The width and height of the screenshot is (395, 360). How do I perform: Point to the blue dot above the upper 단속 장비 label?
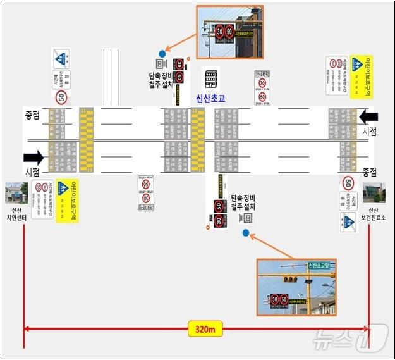tap(163, 53)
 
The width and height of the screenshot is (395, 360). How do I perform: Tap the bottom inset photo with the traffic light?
tap(296, 287)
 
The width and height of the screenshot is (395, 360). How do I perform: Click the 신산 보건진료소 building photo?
tap(374, 192)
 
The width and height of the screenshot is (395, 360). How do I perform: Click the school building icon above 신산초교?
tap(210, 79)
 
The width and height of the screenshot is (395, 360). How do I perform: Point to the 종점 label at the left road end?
tap(32, 115)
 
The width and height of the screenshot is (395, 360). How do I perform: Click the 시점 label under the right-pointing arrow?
tap(32, 172)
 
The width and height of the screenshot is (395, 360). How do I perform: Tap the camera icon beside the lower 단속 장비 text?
tap(246, 218)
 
